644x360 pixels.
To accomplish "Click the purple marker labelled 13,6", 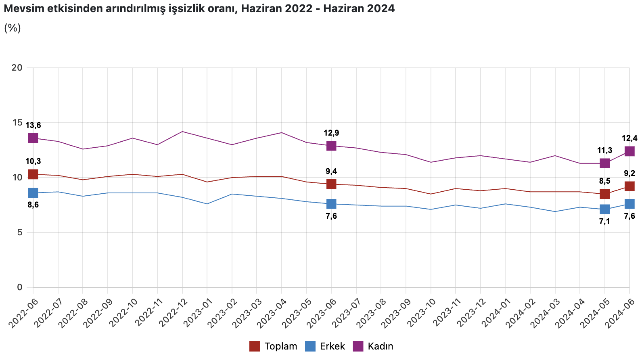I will [33, 138].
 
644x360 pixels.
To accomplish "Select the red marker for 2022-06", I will [33, 174].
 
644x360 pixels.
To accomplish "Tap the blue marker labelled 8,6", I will [33, 193].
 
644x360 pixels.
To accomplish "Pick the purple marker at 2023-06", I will [331, 146].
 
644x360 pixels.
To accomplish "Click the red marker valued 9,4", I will [331, 184].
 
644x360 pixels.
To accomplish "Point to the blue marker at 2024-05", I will [604, 209].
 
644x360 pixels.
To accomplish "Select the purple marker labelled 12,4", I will [629, 151].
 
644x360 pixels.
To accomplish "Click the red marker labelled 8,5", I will [604, 194].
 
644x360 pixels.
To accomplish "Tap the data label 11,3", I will [604, 151].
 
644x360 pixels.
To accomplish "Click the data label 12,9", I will [331, 133].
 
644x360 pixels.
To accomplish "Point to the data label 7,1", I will [604, 221].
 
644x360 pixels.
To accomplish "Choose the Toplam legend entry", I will [274, 346].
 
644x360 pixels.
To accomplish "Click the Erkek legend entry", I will [325, 346].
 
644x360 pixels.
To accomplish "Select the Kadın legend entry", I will [373, 346].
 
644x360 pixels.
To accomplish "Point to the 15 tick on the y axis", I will [17, 122].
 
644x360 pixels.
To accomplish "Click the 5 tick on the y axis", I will [19, 232].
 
